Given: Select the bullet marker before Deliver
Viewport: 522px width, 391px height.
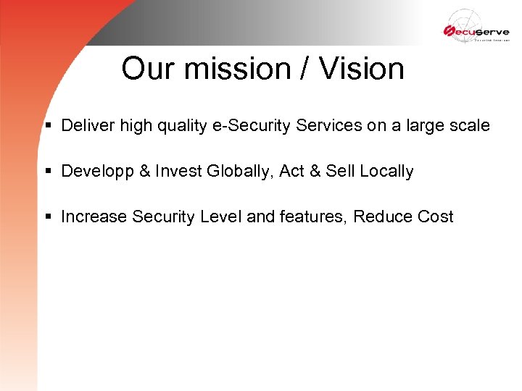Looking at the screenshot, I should click(48, 126).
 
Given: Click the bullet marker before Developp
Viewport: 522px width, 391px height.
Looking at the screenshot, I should click(48, 172).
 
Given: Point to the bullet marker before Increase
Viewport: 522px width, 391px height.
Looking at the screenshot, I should click(48, 217).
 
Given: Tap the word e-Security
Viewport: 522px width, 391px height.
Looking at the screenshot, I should click(244, 125).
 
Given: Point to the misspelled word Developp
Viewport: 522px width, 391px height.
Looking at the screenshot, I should click(94, 172).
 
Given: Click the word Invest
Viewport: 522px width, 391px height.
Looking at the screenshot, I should click(178, 171).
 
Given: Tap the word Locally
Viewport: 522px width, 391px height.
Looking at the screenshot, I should click(386, 172).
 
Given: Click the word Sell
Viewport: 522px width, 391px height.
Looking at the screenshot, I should click(339, 171).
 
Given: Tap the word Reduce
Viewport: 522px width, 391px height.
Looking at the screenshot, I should click(382, 216).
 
